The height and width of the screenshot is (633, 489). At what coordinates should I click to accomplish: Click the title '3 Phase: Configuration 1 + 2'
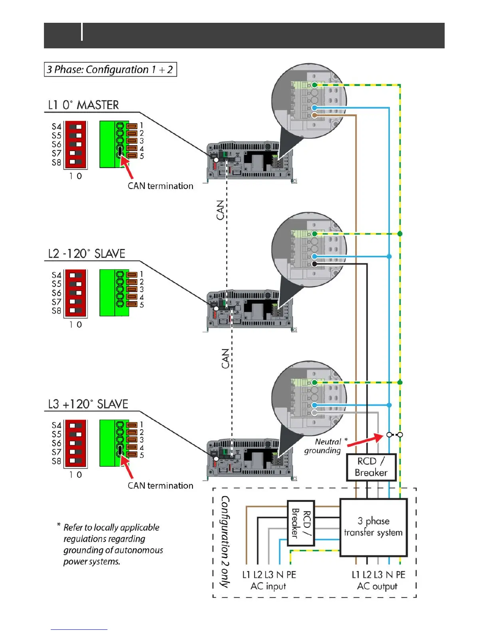[x=110, y=70]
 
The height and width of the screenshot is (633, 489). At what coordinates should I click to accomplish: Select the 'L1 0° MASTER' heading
[x=83, y=105]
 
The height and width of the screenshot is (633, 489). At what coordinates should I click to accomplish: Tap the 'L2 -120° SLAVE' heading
[x=86, y=254]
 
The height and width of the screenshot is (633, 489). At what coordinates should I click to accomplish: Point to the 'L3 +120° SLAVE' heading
[x=88, y=404]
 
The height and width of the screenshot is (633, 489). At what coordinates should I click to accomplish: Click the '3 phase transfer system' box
[x=373, y=527]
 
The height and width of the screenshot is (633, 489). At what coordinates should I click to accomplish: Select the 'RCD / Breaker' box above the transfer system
[x=371, y=467]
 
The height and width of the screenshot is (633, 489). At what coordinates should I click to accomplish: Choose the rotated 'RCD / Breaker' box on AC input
[x=301, y=523]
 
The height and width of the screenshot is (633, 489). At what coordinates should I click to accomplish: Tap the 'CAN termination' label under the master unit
[x=160, y=186]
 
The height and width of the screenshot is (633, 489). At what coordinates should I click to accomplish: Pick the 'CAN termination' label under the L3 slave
[x=160, y=486]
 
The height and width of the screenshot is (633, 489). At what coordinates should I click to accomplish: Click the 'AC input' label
[x=268, y=586]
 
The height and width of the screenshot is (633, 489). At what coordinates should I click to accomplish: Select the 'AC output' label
[x=377, y=586]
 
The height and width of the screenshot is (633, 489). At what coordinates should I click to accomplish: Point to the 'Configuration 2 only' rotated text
[x=225, y=542]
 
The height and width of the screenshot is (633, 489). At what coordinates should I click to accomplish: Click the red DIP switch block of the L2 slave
[x=76, y=293]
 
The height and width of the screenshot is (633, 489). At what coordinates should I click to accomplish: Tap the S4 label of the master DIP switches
[x=56, y=127]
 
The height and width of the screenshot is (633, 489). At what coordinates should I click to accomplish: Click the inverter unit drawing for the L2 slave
[x=250, y=310]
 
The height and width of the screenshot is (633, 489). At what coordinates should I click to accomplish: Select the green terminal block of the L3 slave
[x=114, y=443]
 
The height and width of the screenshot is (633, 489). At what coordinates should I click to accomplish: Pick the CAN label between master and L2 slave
[x=220, y=210]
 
